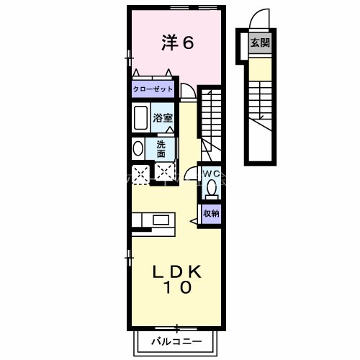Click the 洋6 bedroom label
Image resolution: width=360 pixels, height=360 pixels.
(x=177, y=43)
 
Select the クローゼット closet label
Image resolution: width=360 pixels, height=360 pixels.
(x=153, y=91)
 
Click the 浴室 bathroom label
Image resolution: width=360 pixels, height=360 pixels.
(x=163, y=117)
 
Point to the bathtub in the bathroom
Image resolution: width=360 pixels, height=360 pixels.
(x=140, y=117)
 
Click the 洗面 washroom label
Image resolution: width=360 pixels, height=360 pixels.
(x=161, y=148)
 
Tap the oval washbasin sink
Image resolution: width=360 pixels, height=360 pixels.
(x=138, y=149)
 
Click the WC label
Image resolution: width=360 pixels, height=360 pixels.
(x=210, y=174)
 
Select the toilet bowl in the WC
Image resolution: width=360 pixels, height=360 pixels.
(x=211, y=189)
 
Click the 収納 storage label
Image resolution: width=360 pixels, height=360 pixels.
(x=211, y=213)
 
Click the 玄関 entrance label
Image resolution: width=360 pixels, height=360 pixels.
(x=260, y=43)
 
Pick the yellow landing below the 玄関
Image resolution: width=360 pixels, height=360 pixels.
(x=260, y=67)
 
